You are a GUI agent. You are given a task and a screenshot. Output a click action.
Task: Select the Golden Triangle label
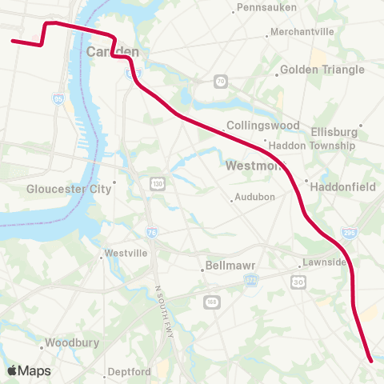pyautogui.click(x=322, y=70)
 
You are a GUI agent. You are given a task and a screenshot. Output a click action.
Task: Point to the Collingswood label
pyautogui.click(x=262, y=126)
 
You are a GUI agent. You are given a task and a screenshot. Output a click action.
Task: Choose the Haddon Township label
pyautogui.click(x=312, y=146)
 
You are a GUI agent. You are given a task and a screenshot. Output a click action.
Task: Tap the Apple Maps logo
pyautogui.click(x=29, y=370)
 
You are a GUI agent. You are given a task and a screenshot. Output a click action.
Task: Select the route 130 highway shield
pyautogui.click(x=155, y=185)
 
